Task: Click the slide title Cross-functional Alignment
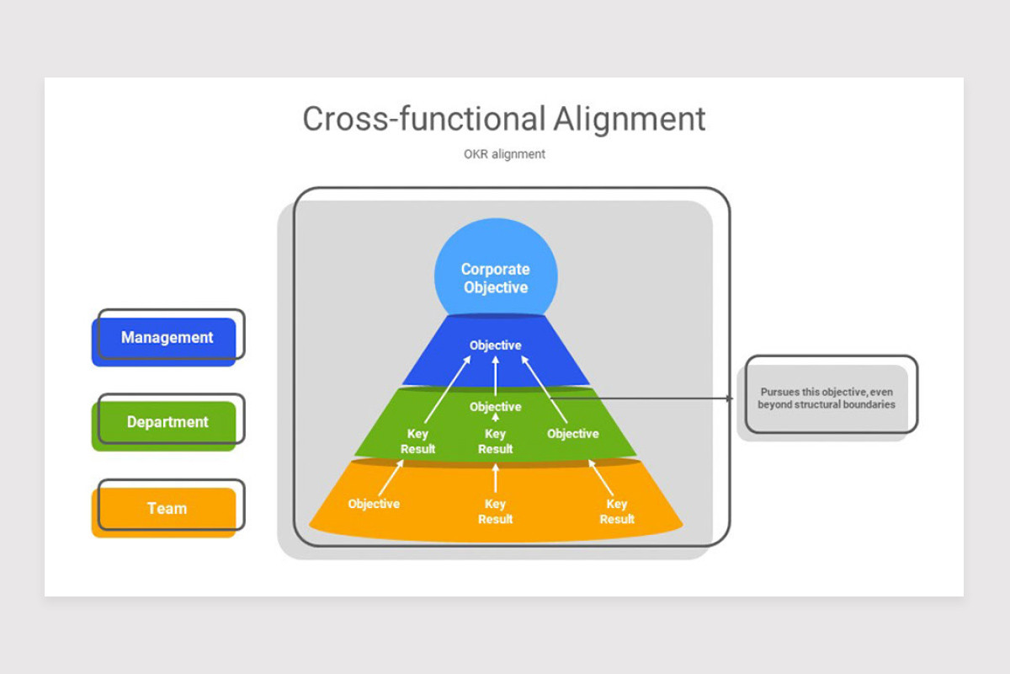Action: click(503, 119)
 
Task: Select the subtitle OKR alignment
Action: click(504, 154)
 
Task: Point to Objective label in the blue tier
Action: click(495, 345)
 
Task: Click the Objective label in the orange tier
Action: click(374, 504)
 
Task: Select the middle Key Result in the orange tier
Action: click(495, 511)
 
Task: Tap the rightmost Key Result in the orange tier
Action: click(617, 511)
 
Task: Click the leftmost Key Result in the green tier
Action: click(417, 441)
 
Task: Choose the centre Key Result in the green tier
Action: click(495, 441)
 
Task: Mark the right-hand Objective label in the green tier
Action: click(572, 434)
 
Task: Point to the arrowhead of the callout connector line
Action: click(731, 399)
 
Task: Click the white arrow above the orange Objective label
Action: click(391, 478)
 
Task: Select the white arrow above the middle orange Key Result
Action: click(495, 478)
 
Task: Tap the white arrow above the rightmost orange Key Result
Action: click(601, 478)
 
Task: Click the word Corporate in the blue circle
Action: click(495, 270)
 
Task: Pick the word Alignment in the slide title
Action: click(630, 119)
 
